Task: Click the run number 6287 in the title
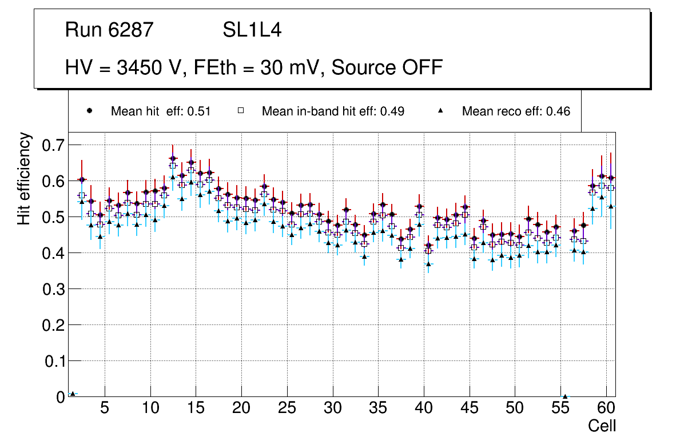[132, 30]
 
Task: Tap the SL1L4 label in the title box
[252, 30]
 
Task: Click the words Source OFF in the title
[387, 67]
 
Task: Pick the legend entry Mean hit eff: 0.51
[161, 111]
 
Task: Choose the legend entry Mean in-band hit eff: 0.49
[333, 111]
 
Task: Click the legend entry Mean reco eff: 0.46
[516, 111]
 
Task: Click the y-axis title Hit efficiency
[24, 178]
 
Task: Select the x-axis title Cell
[602, 426]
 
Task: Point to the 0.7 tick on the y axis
[54, 145]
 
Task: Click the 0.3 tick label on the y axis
[54, 289]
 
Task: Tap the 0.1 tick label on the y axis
[54, 361]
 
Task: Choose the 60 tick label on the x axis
[606, 410]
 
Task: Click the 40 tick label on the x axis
[424, 410]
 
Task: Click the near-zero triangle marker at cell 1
[72, 394]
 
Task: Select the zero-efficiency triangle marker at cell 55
[565, 396]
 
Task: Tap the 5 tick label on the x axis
[105, 410]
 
